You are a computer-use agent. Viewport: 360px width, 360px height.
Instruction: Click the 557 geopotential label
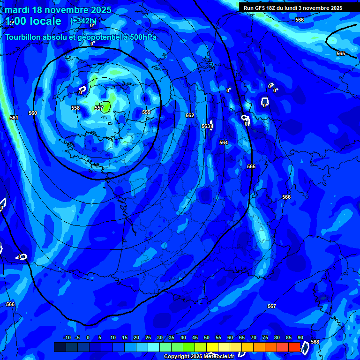[99, 108]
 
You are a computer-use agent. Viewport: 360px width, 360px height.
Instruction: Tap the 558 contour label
[75, 108]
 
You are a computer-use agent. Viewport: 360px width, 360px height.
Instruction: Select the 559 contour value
[146, 112]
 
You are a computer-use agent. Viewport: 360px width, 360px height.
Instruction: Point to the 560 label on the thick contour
[33, 113]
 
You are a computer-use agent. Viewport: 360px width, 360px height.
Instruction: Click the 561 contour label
[14, 118]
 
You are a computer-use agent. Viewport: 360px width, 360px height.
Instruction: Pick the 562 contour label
[190, 115]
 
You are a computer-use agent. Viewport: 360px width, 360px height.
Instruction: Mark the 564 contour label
[224, 142]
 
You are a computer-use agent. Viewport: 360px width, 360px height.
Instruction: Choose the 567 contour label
[272, 306]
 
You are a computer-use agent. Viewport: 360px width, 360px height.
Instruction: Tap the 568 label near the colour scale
[315, 342]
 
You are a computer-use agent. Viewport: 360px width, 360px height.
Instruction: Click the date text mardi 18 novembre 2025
[58, 10]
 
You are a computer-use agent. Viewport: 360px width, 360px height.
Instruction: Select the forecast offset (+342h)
[83, 21]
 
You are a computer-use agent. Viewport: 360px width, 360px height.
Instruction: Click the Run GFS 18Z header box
[293, 8]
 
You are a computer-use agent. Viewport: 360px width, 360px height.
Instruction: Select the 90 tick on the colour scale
[300, 337]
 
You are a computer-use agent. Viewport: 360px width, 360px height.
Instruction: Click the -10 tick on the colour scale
[67, 337]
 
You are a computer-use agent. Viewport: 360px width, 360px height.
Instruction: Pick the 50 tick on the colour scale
[207, 337]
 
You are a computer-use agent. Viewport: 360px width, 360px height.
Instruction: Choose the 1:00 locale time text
[34, 21]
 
